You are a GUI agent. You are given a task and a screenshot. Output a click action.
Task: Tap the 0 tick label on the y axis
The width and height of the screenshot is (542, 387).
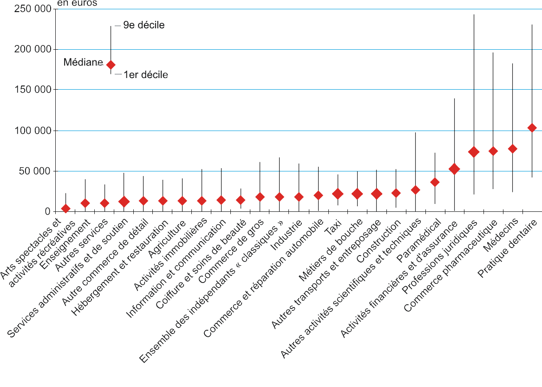pos(47,212)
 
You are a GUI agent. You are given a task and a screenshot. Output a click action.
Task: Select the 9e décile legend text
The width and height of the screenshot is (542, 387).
pos(144,26)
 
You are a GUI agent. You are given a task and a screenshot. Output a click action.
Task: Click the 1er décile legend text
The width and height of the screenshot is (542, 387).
pos(145,74)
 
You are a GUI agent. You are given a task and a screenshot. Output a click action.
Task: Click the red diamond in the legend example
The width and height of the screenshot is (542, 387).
pos(111,65)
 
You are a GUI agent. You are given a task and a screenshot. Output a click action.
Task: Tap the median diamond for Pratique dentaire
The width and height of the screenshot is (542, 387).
pos(532,128)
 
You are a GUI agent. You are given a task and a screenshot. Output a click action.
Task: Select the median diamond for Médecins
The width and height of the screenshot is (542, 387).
pos(513,149)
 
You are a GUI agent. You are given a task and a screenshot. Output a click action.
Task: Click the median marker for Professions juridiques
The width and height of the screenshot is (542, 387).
pos(474,152)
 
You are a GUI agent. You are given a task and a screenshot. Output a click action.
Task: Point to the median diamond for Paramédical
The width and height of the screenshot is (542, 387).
pos(435,182)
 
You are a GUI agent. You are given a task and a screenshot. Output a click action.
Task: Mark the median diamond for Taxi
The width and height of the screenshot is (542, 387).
pos(338,194)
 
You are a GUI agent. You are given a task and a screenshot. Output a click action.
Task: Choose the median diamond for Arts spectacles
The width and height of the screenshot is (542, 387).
pos(65,209)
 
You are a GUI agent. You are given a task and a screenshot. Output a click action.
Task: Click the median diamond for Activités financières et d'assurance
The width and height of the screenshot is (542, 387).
pos(454,170)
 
